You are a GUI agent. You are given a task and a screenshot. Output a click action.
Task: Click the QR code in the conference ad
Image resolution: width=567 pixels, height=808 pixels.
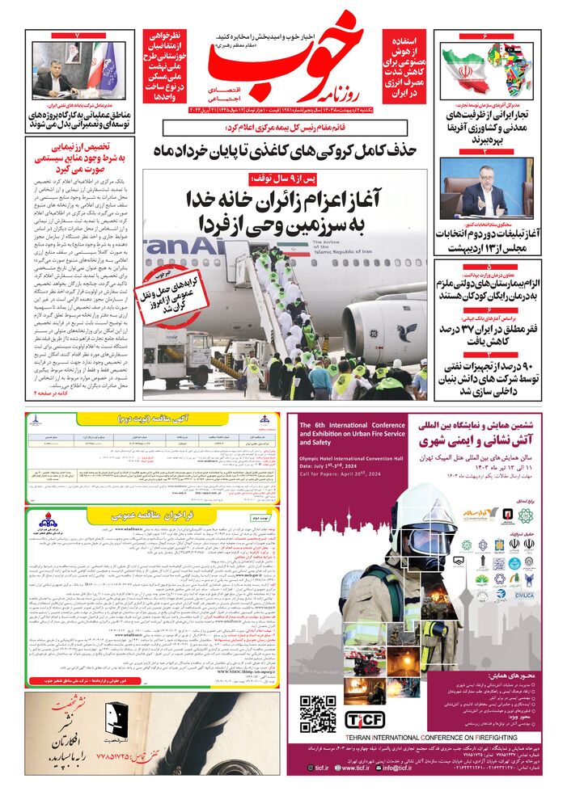[317, 713]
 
